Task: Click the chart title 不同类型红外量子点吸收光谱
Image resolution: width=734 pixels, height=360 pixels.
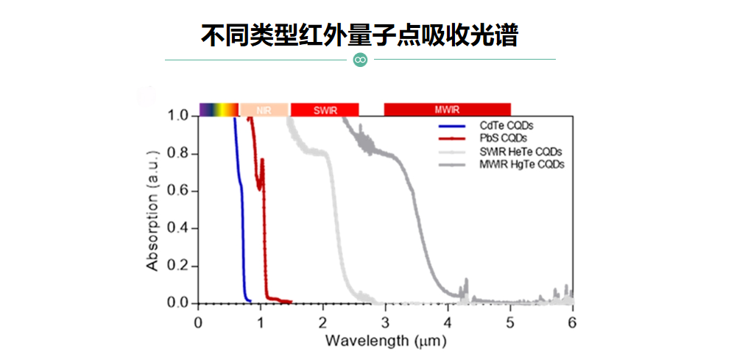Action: (x=359, y=35)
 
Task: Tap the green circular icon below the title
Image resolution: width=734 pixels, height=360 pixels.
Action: (x=360, y=60)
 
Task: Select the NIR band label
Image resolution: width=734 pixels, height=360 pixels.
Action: (x=264, y=110)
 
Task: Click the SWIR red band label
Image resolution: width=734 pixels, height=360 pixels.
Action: (x=325, y=110)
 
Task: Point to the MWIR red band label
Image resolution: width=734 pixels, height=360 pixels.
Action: (x=447, y=110)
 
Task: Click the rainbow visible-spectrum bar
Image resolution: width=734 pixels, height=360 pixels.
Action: (x=219, y=110)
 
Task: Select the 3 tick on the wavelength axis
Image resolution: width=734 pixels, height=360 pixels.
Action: (x=385, y=322)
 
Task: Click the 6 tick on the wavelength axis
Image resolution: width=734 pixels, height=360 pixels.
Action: (x=572, y=322)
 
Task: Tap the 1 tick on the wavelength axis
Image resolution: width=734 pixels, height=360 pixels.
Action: (x=261, y=322)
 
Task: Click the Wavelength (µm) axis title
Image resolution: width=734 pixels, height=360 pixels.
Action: (x=385, y=342)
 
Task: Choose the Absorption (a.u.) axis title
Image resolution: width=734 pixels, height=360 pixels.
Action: (x=152, y=210)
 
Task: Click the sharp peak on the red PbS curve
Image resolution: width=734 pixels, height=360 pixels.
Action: (x=262, y=160)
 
